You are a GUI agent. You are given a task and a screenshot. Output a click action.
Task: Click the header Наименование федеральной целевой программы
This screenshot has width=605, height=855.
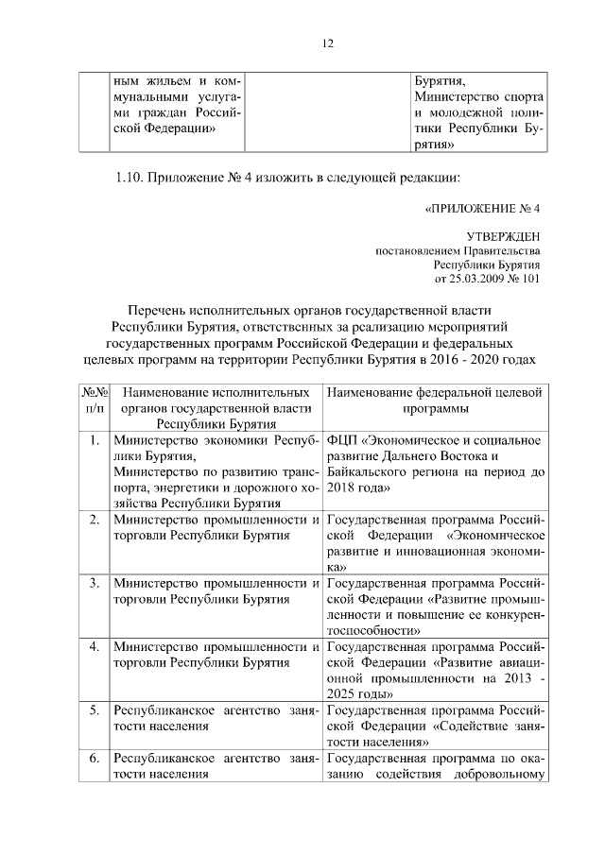435,400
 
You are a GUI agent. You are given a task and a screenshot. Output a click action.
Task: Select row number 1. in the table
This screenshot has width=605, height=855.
94,440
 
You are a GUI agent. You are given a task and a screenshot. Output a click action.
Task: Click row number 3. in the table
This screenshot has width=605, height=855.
94,582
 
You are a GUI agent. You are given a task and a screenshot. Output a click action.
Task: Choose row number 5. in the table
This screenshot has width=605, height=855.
94,710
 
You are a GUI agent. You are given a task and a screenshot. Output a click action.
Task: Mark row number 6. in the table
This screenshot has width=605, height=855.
94,759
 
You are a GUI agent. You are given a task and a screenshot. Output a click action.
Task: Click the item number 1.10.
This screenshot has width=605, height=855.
131,177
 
